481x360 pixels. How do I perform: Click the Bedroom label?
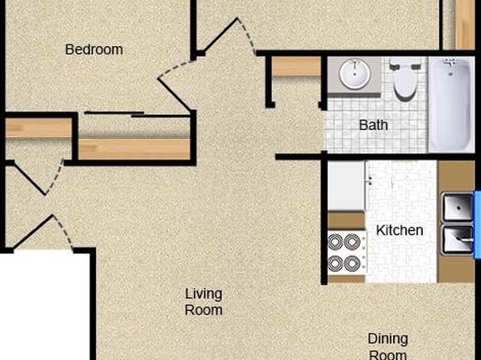(94, 50)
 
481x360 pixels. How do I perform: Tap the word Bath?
(374, 125)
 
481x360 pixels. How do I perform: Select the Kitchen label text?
(399, 230)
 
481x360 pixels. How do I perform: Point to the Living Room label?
(203, 302)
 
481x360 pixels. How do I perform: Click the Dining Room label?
(388, 347)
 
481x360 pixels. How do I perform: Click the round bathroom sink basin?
(354, 74)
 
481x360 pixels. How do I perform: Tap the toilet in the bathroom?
(405, 79)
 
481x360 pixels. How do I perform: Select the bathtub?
(451, 104)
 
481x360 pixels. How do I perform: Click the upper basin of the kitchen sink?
(458, 207)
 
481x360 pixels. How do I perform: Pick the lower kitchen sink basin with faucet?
(458, 240)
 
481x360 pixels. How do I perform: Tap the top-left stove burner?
(335, 242)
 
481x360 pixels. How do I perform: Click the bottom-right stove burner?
(352, 264)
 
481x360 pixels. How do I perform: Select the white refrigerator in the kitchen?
(347, 186)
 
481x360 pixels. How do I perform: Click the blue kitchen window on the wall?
(478, 225)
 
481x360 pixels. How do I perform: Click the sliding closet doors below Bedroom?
(137, 115)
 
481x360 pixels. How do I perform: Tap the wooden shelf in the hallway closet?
(296, 67)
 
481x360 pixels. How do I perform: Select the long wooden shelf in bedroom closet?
(134, 149)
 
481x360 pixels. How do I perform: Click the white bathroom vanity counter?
(354, 76)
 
